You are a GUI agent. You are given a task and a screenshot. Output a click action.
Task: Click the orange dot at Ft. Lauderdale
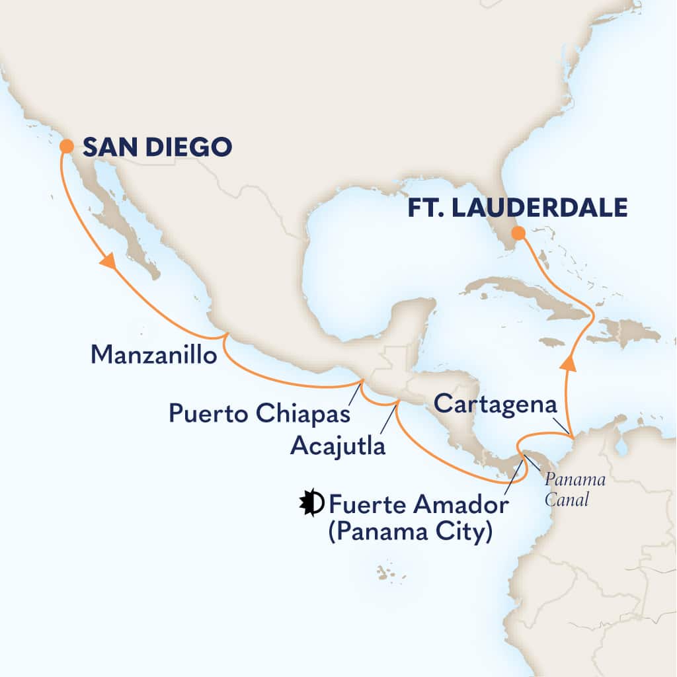(519, 233)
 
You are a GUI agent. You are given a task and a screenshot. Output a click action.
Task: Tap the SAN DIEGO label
(157, 146)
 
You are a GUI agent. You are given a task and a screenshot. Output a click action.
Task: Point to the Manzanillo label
(153, 356)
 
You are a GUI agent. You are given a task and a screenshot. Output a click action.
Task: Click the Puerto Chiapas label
(258, 415)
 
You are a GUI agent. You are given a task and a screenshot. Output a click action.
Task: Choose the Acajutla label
(338, 446)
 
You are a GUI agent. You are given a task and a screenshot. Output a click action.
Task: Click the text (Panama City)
(410, 531)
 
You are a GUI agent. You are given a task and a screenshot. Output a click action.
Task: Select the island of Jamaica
(551, 342)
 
